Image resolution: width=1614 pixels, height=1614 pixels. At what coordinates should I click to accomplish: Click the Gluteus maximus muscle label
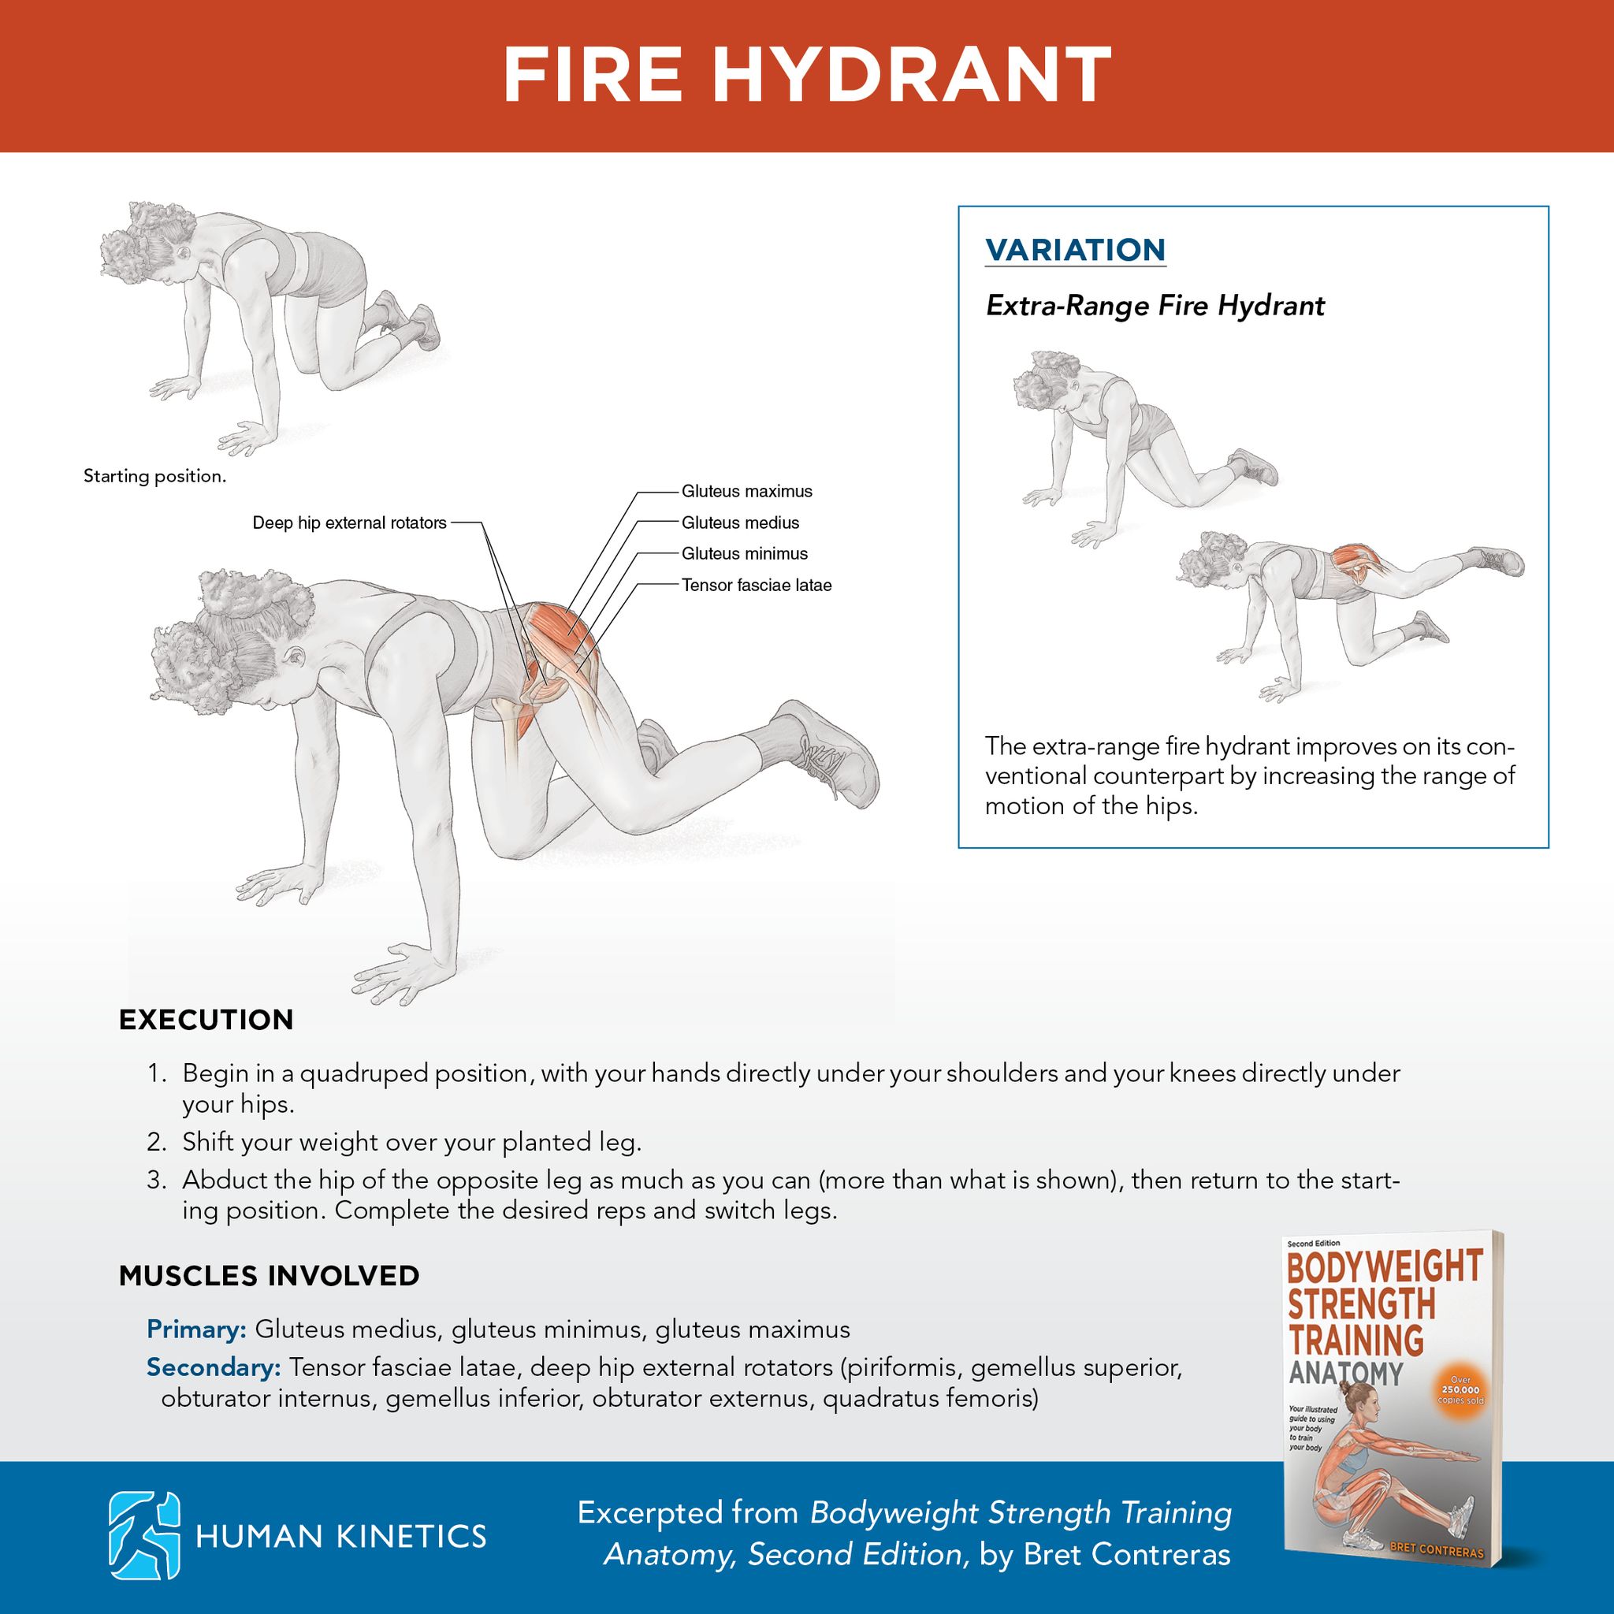click(x=747, y=491)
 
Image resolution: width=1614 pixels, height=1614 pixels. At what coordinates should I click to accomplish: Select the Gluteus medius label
click(x=740, y=523)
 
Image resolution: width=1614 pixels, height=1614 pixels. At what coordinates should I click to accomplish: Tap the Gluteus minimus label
click(x=744, y=554)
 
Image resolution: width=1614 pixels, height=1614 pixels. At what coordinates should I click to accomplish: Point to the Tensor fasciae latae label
click(x=756, y=586)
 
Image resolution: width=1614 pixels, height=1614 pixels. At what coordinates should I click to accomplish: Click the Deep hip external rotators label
click(x=349, y=523)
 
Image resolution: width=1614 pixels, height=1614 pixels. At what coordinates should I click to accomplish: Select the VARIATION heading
click(x=1075, y=250)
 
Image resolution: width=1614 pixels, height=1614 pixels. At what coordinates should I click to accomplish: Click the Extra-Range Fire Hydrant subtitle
click(x=1155, y=306)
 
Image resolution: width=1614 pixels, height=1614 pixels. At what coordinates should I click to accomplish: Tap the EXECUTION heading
click(x=206, y=1020)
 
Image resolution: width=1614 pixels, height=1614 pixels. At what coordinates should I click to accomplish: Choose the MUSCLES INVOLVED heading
click(x=269, y=1277)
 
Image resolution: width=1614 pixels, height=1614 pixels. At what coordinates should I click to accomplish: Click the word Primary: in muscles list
click(x=196, y=1330)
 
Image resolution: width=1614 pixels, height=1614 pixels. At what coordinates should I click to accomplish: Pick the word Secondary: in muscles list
click(x=214, y=1367)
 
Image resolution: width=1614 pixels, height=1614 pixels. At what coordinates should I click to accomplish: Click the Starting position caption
click(x=154, y=477)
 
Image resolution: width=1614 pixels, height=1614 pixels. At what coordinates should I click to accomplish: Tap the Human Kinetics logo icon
click(x=144, y=1535)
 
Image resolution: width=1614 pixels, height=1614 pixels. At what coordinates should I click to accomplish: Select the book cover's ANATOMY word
click(x=1345, y=1374)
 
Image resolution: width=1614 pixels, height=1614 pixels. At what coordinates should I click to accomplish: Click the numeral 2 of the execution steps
click(x=156, y=1143)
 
